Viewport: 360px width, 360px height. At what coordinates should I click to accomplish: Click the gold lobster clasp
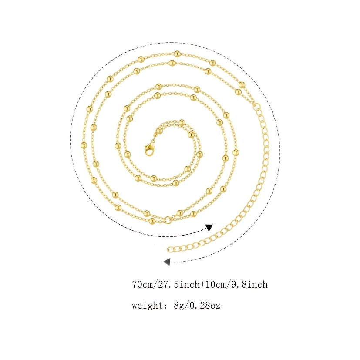(x=149, y=149)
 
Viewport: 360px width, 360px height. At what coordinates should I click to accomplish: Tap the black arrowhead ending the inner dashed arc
(x=209, y=227)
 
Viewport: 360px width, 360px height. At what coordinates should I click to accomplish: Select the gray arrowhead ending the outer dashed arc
(x=167, y=262)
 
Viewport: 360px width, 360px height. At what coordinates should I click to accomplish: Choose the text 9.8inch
(x=249, y=285)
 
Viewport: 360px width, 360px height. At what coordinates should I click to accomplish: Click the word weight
(x=148, y=306)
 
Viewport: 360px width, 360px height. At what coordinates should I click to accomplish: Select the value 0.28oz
(x=205, y=306)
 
